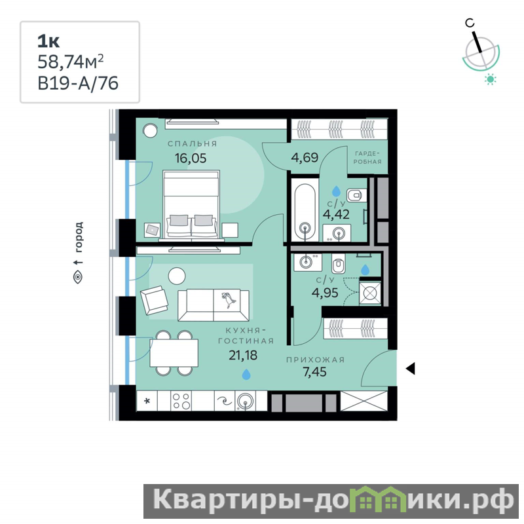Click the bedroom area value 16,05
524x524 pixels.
coord(191,158)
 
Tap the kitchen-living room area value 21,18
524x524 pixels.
coord(243,355)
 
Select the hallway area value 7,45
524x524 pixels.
coord(314,371)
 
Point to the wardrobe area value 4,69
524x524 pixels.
coord(305,157)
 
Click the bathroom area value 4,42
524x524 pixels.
coord(336,214)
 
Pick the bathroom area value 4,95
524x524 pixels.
coord(325,293)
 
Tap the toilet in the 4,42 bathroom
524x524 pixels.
coord(356,195)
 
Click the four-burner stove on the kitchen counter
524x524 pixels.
coord(181,401)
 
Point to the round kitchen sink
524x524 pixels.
coord(245,400)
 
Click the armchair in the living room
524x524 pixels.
coord(154,300)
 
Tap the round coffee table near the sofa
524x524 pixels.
coord(177,276)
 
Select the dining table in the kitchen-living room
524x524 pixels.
coord(174,353)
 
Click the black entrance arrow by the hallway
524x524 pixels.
coord(411,368)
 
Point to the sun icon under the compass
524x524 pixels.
coord(490,79)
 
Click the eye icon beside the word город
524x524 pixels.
coord(78,276)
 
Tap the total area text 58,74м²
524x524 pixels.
coord(71,62)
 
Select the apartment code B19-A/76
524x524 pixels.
coord(78,83)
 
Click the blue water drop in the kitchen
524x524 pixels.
coord(246,374)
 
